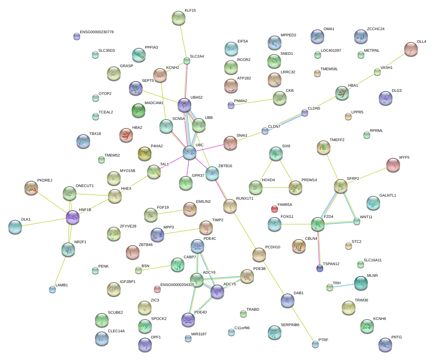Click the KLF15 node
(178, 18)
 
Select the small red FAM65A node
(274, 209)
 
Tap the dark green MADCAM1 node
(138, 110)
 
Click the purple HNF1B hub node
(73, 217)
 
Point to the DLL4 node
(411, 49)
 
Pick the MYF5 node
(393, 165)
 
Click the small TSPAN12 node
(320, 268)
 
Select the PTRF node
(315, 344)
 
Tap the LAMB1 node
(52, 289)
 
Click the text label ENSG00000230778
(97, 32)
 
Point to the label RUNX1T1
(245, 199)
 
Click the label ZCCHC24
(376, 29)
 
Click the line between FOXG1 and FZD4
(296, 224)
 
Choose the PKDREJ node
(32, 188)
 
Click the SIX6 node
(276, 153)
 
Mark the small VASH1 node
(377, 72)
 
